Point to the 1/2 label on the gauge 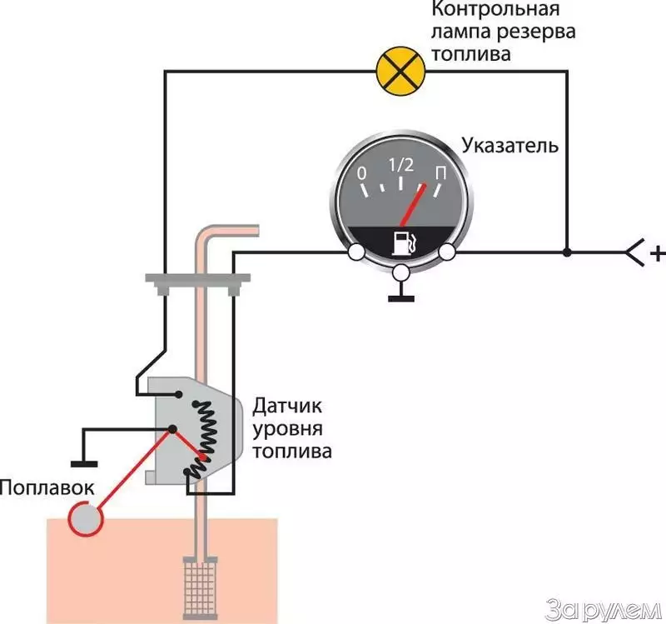(x=401, y=165)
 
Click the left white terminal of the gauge (x=356, y=252)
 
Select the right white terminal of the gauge (x=447, y=252)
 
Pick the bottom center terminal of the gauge (x=402, y=272)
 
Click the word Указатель (x=509, y=147)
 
